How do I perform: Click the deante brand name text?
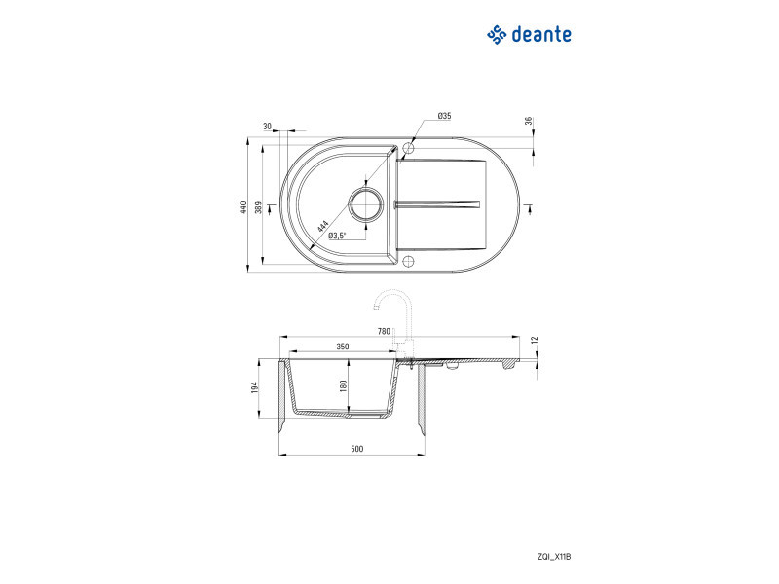[x=541, y=35]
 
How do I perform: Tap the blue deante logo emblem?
[x=497, y=35]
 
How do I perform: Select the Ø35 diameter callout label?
[x=444, y=116]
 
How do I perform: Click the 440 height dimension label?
[x=242, y=207]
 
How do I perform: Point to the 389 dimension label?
[x=258, y=207]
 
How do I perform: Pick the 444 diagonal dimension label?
[x=322, y=227]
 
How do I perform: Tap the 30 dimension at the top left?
[x=267, y=127]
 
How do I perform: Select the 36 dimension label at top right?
[x=528, y=121]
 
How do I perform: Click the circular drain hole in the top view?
[x=366, y=204]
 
